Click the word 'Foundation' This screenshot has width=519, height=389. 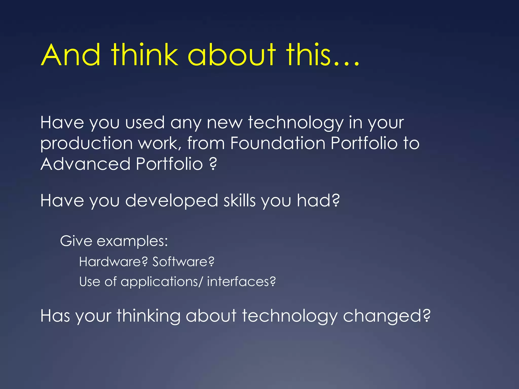coord(278,143)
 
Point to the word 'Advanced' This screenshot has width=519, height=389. coord(85,164)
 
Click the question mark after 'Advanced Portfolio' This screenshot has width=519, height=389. coord(213,164)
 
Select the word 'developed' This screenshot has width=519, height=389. coord(171,201)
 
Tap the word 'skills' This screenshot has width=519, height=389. coord(239,201)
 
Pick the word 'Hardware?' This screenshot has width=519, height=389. coord(113,262)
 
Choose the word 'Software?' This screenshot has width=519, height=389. coord(183,262)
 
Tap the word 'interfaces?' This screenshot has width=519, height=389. coord(241,282)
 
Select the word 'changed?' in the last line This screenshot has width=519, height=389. coord(386,316)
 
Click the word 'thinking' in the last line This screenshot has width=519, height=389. coord(148,316)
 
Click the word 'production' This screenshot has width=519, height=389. coord(86,144)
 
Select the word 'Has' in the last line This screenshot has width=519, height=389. coord(55,316)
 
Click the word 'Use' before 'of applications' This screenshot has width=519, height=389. coord(89,282)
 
